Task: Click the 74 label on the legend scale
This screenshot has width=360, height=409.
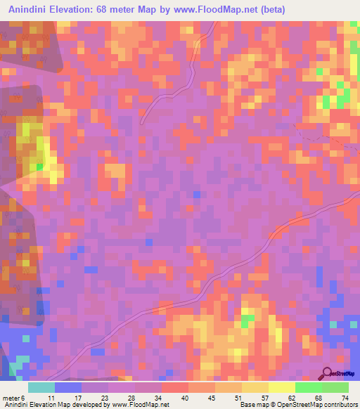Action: tap(345, 398)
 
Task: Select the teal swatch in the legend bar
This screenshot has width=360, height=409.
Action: tap(41, 387)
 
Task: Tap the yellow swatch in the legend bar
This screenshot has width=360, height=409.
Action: tap(281, 387)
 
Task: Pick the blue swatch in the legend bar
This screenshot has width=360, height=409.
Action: tap(68, 387)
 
